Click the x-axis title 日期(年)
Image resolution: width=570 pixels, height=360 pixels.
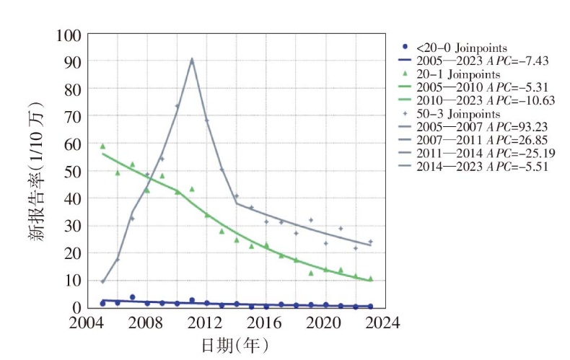coord(234,346)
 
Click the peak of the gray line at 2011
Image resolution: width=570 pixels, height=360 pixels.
coord(191,59)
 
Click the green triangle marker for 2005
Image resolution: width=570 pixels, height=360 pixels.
coord(102,146)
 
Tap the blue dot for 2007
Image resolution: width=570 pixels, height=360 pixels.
coord(132,297)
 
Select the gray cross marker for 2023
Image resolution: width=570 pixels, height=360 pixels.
coord(370,242)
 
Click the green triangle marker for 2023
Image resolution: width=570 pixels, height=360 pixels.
coord(370,278)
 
